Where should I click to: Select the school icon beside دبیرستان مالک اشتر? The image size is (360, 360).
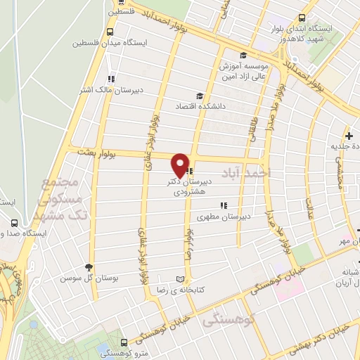(x=110, y=79)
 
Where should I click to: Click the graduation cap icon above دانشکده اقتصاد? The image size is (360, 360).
(x=200, y=96)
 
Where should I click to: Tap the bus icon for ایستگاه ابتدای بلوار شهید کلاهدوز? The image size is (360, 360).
(x=302, y=18)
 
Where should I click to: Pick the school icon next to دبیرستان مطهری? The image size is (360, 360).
(x=223, y=206)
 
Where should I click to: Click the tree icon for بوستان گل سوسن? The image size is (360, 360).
(x=88, y=267)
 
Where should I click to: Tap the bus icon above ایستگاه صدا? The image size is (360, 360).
(x=15, y=222)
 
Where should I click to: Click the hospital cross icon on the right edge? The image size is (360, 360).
(x=348, y=135)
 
